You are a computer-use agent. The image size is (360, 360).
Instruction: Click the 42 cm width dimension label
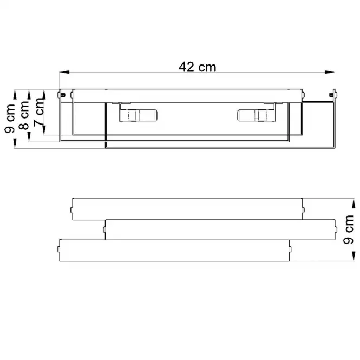pyautogui.click(x=197, y=67)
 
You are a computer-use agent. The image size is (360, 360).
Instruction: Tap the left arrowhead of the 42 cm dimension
pyautogui.click(x=64, y=72)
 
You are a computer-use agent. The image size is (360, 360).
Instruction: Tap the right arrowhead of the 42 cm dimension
pyautogui.click(x=330, y=72)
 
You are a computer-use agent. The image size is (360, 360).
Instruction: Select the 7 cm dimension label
pyautogui.click(x=39, y=112)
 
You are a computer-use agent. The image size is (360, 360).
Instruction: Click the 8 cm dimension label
pyautogui.click(x=24, y=115)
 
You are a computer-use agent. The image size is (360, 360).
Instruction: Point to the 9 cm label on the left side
pyautogui.click(x=10, y=119)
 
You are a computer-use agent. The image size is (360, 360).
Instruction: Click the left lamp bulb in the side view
pyautogui.click(x=147, y=115)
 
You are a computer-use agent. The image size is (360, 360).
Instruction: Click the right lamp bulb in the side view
pyautogui.click(x=248, y=115)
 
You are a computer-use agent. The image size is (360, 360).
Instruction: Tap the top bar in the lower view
pyautogui.click(x=187, y=209)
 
